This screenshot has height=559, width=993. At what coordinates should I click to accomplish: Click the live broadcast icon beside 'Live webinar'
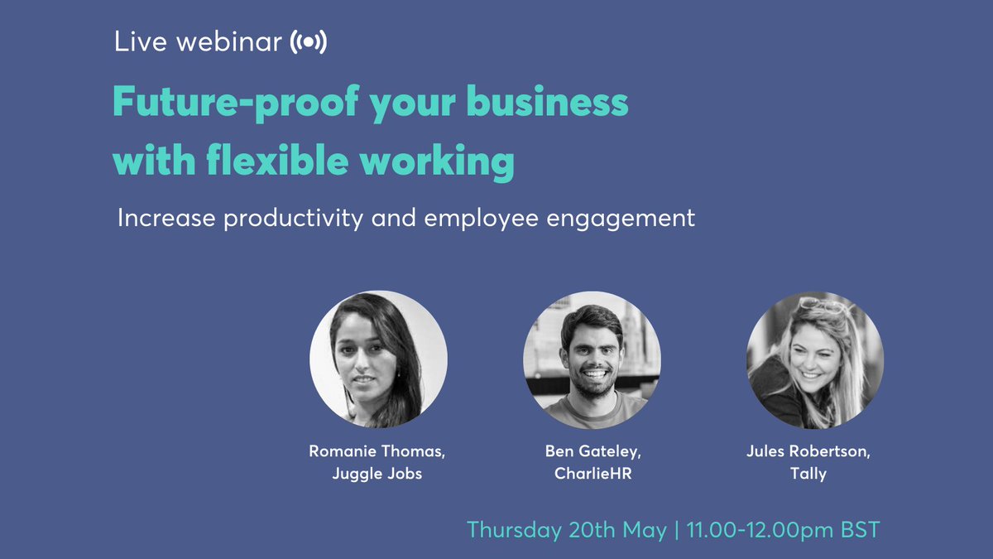click(308, 43)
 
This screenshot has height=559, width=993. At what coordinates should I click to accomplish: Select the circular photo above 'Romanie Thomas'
click(378, 359)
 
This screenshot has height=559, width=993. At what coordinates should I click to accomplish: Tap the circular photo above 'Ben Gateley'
click(592, 359)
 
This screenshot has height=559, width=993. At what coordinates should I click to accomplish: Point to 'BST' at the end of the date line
click(857, 530)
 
